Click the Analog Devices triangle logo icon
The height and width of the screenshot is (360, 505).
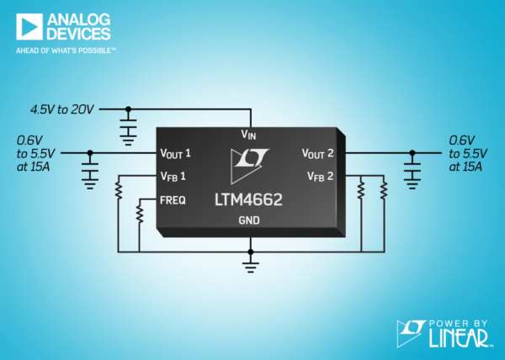(x=29, y=27)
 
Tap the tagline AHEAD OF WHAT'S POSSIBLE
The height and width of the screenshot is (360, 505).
(x=66, y=50)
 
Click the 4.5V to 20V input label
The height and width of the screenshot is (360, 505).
(x=61, y=109)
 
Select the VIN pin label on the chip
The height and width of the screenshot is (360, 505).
(x=248, y=135)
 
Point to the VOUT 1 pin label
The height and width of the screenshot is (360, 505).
(x=176, y=153)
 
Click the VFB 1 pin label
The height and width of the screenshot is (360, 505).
(x=173, y=177)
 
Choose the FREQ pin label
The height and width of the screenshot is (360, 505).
(x=173, y=200)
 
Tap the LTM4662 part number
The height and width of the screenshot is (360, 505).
(x=248, y=199)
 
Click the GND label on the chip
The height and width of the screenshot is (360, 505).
(x=249, y=220)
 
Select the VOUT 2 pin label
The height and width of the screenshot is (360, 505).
(x=317, y=153)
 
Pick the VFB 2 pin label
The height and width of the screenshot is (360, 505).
(x=320, y=177)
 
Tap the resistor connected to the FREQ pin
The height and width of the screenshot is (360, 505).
(x=140, y=214)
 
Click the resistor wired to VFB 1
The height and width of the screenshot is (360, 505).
(x=119, y=190)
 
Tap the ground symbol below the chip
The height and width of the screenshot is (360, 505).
(x=251, y=267)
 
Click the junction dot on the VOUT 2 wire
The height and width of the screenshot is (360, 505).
(x=412, y=153)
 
